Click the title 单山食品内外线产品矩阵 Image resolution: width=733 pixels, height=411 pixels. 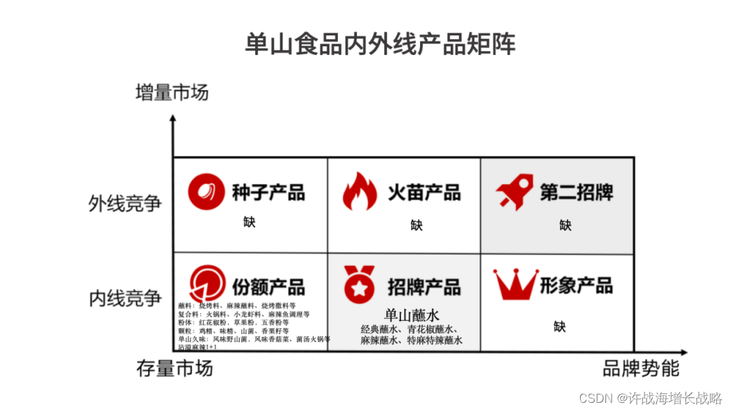(x=380, y=44)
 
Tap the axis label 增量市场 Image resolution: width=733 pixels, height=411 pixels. (x=172, y=92)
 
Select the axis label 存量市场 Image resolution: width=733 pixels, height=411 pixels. (x=174, y=369)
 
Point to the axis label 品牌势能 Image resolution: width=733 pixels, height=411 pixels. (x=641, y=369)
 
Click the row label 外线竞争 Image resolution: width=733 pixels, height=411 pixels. (x=126, y=203)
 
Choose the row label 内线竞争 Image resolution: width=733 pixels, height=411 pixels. (x=126, y=298)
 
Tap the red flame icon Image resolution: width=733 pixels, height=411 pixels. (x=359, y=192)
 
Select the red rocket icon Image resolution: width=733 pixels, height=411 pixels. (x=514, y=192)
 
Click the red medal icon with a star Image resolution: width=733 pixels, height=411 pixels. (x=359, y=285)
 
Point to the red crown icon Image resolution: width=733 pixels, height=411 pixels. (x=515, y=285)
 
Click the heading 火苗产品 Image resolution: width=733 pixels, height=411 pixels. (x=424, y=193)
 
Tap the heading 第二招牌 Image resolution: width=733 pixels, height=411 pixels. (x=576, y=193)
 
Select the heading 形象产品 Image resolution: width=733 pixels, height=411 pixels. (x=576, y=285)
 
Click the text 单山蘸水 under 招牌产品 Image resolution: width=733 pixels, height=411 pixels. (x=412, y=315)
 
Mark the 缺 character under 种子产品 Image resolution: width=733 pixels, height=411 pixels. (x=250, y=222)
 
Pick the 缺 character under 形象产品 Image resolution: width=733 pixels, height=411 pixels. (x=559, y=327)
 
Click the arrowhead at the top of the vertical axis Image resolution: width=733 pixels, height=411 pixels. (x=173, y=120)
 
